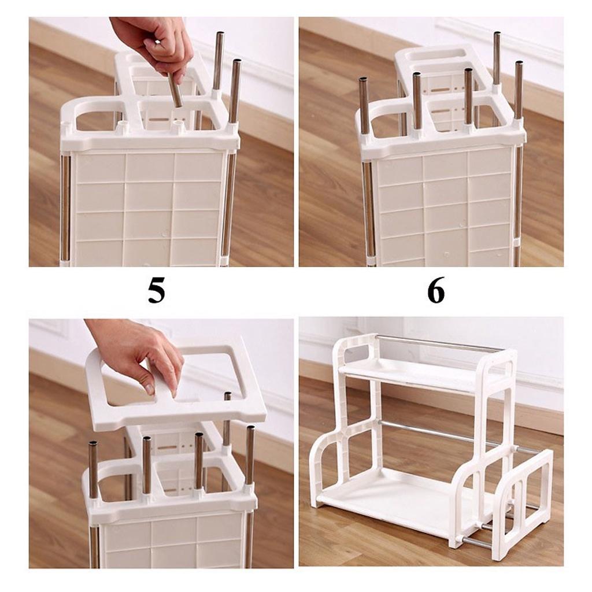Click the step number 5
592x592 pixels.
(x=156, y=291)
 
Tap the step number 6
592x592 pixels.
(x=436, y=290)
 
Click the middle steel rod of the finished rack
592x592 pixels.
(x=439, y=434)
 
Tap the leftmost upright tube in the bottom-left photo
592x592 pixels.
(x=93, y=468)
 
